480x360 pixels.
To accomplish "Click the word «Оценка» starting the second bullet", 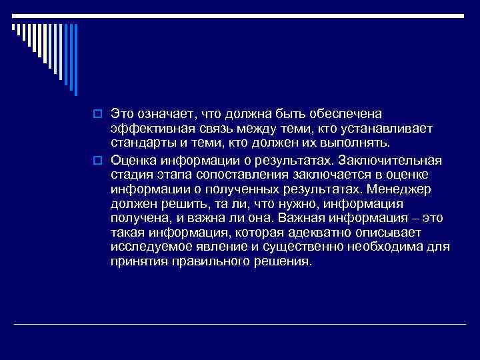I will pos(133,161).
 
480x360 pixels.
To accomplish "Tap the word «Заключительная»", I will pos(389,161).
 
